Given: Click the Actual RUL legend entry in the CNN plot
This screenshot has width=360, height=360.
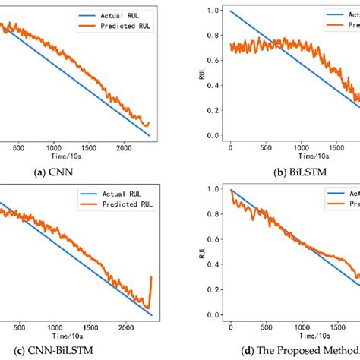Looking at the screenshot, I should [x=110, y=14].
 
